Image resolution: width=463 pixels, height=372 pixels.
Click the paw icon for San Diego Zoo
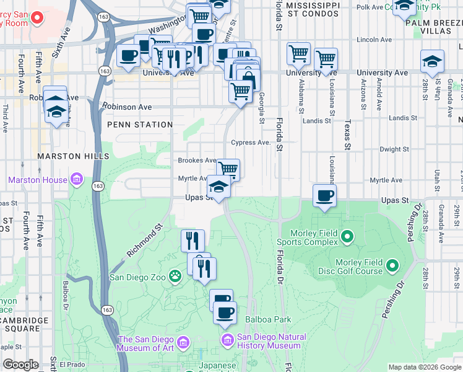click(x=175, y=278)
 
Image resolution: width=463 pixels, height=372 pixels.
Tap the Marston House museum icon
click(x=77, y=180)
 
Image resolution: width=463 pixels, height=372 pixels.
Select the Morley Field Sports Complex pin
click(x=347, y=236)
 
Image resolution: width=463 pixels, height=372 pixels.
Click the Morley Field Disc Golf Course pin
click(x=392, y=267)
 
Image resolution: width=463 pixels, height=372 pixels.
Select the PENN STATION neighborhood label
click(x=140, y=125)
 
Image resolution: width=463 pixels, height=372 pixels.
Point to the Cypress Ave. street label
click(x=251, y=143)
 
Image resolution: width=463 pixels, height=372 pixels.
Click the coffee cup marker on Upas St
click(x=325, y=196)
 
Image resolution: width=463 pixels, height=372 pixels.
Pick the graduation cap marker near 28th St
click(x=432, y=61)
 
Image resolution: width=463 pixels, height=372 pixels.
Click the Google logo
click(x=20, y=365)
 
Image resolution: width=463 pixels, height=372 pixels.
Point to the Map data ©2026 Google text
click(x=424, y=367)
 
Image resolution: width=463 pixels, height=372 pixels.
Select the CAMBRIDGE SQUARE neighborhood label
click(x=25, y=324)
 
